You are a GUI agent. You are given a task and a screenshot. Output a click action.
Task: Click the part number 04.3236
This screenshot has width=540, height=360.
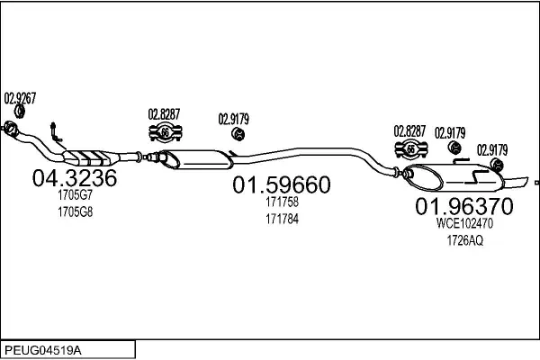pos(75,178)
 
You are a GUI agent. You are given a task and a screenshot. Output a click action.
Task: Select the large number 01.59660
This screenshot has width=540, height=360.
pos(282,185)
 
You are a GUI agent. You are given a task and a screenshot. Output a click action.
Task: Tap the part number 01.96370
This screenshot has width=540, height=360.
pos(463,207)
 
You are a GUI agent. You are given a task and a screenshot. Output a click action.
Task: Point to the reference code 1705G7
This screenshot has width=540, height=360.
pos(75,196)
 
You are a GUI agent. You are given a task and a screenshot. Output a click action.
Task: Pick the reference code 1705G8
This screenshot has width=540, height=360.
pos(75,212)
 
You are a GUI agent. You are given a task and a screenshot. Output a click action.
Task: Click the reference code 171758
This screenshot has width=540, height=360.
pos(282,202)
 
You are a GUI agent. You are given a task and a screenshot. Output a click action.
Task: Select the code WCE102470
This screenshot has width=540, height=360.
pos(463,223)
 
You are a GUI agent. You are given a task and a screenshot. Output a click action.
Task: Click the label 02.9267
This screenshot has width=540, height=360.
pos(20,99)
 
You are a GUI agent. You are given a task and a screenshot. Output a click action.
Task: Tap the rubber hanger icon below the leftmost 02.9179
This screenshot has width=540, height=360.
pos(240,134)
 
